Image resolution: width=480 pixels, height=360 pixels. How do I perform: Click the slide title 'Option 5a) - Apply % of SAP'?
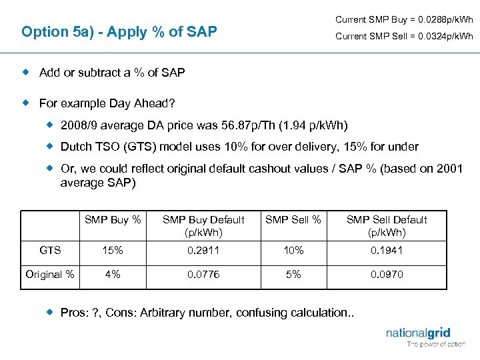[119, 31]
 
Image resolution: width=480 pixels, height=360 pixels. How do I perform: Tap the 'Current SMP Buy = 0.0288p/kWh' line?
[404, 19]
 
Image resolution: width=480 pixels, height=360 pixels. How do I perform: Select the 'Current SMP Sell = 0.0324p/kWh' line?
[404, 37]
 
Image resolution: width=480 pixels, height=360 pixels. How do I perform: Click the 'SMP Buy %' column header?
[113, 219]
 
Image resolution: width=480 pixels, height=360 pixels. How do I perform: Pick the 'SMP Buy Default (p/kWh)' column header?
[203, 226]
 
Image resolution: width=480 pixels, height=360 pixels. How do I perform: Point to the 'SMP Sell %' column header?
[293, 219]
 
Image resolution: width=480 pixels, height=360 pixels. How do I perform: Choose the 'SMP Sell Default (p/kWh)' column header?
[387, 226]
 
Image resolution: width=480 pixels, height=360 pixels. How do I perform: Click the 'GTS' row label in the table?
[51, 251]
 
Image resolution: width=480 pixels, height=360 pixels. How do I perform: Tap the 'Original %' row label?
[51, 274]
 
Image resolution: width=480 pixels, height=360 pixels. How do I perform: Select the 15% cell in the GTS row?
[113, 251]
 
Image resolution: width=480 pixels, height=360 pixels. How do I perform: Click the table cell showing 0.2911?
[203, 251]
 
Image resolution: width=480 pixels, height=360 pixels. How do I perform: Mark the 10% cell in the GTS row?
[293, 251]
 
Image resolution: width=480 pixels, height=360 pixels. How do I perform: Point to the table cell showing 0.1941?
[387, 251]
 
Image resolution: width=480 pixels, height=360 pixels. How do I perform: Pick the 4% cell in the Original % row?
[113, 274]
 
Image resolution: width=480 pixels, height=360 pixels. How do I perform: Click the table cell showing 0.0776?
[203, 274]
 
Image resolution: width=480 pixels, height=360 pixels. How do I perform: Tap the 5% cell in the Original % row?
[293, 274]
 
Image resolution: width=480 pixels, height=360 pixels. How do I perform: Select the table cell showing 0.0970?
[387, 274]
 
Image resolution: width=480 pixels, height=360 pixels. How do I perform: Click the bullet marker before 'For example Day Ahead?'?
[27, 103]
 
